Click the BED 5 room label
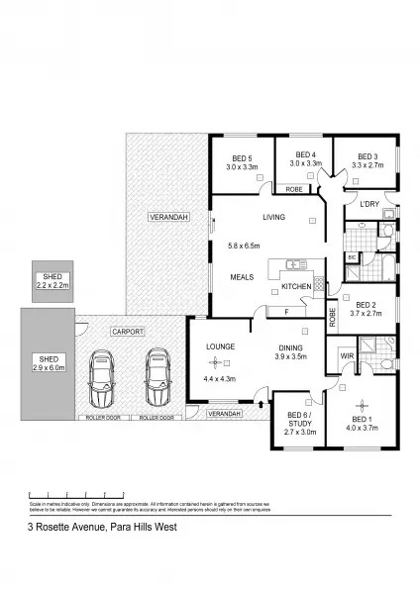pyautogui.click(x=242, y=157)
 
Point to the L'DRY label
pyautogui.click(x=369, y=205)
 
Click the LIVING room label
pyautogui.click(x=273, y=218)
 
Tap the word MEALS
pyautogui.click(x=244, y=277)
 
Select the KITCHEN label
pyautogui.click(x=296, y=287)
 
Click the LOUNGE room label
pyautogui.click(x=219, y=347)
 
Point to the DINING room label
pyautogui.click(x=291, y=347)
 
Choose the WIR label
pyautogui.click(x=347, y=354)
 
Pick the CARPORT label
pyautogui.click(x=128, y=332)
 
